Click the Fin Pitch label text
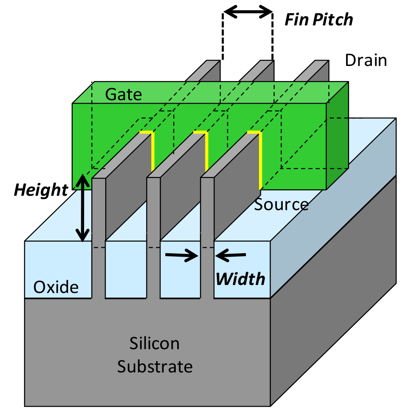318,20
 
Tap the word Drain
366,60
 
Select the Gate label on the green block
123,94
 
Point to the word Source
281,205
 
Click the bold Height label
41,190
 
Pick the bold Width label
240,279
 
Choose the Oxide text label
56,287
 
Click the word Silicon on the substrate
154,344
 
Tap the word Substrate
155,366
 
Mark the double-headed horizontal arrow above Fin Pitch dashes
248,12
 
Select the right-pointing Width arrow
182,255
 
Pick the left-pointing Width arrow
231,255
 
